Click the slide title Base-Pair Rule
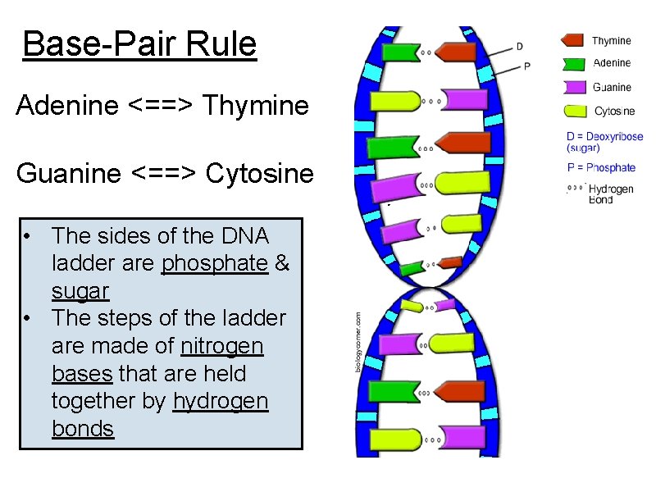click(x=139, y=44)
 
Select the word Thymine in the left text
click(x=255, y=106)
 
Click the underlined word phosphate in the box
click(x=215, y=264)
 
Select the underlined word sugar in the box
click(x=80, y=292)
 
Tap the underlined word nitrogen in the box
click(x=222, y=347)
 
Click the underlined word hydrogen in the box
click(x=221, y=401)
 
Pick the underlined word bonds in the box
click(x=82, y=429)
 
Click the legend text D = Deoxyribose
click(x=605, y=138)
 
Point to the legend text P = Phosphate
click(x=600, y=168)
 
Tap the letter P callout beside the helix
click(x=526, y=66)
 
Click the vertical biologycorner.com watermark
click(x=358, y=341)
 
